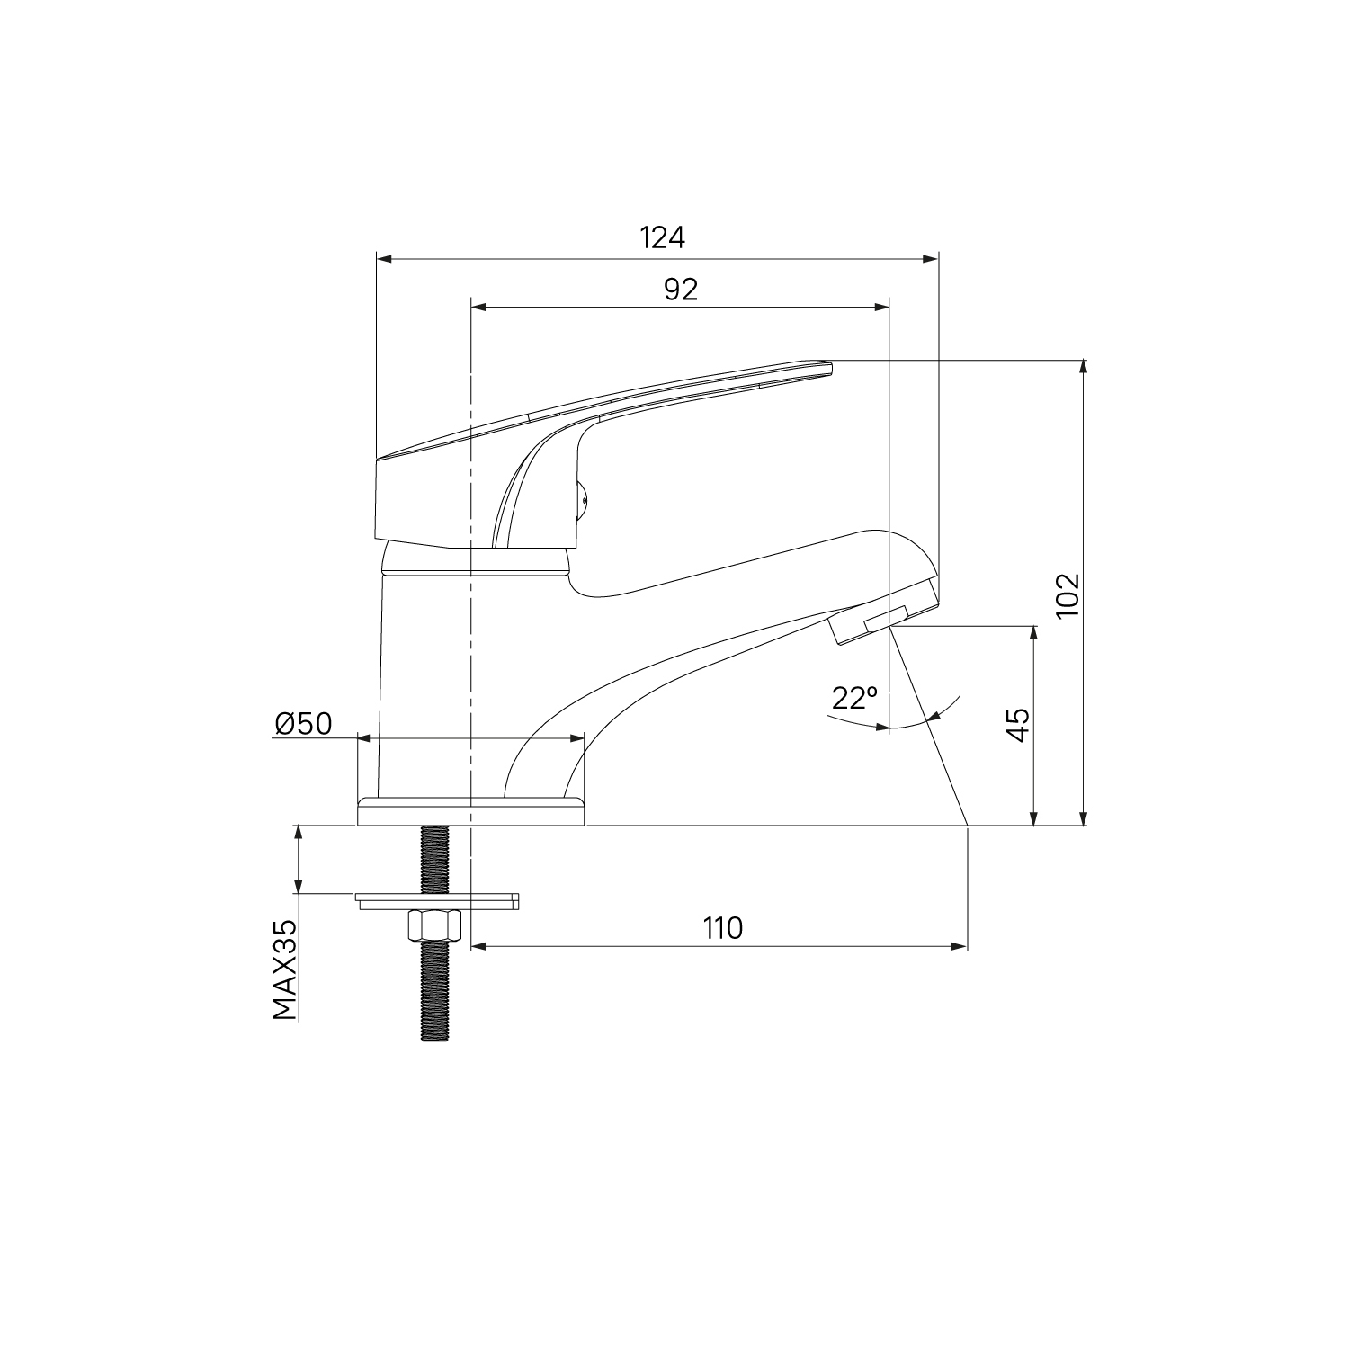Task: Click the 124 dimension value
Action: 663,237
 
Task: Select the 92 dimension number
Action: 681,289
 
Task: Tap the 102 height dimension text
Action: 1068,595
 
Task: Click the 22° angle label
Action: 853,698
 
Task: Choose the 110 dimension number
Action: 724,928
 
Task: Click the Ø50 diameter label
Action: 304,723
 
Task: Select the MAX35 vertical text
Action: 285,970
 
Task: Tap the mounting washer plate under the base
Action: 437,900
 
